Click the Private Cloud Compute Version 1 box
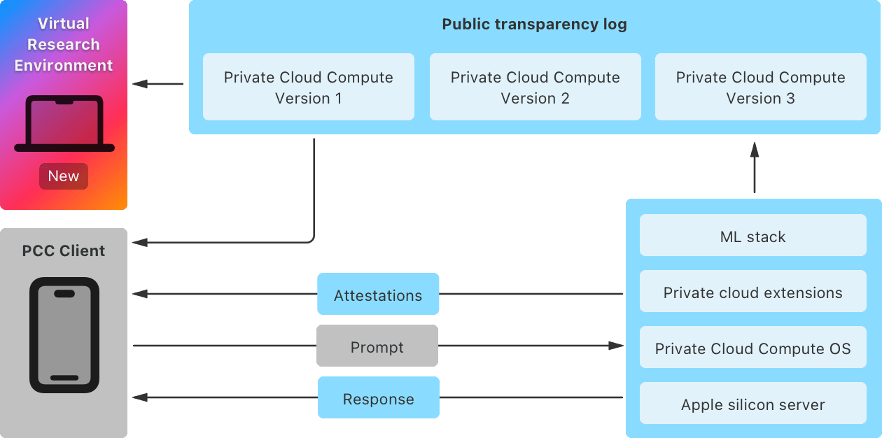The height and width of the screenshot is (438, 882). point(308,87)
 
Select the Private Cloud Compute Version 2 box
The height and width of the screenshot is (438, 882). point(535,87)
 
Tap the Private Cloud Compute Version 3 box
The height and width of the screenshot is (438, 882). point(760,87)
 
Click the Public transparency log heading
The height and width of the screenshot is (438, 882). point(534,24)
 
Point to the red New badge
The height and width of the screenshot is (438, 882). point(64,176)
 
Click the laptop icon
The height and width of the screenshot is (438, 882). point(64,124)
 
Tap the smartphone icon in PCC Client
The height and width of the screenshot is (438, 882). point(64,335)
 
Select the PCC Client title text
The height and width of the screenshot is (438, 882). point(64,250)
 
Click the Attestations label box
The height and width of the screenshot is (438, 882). point(378,295)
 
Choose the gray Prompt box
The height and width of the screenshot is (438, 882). point(377,346)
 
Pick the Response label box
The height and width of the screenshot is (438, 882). point(378,398)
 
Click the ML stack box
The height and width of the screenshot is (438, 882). point(752,236)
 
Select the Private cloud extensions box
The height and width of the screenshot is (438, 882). point(752,292)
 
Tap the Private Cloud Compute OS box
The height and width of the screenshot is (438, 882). point(752,348)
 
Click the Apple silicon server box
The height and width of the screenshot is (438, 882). point(752,404)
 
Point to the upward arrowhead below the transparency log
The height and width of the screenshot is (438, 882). point(755,149)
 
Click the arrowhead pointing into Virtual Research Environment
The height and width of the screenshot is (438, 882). point(140,84)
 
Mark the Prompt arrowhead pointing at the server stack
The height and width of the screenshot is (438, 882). point(616,346)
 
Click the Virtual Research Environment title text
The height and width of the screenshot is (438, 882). point(64,44)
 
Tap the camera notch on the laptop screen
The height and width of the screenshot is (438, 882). point(64,102)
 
